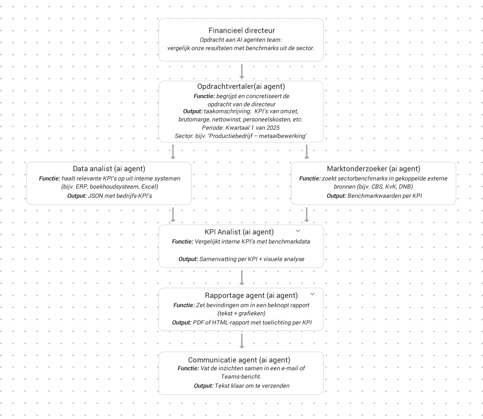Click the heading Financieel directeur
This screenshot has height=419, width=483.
[241, 30]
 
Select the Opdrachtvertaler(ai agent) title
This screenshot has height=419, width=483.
[241, 86]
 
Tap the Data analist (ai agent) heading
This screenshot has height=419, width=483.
[109, 168]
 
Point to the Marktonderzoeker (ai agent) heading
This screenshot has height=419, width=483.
[374, 168]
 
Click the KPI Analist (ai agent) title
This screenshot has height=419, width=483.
[239, 232]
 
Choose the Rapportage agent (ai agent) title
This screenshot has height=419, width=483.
[251, 295]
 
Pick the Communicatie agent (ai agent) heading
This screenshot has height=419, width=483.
[240, 360]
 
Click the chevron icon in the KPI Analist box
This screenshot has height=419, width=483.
[298, 231]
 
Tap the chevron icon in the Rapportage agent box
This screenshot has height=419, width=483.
[313, 294]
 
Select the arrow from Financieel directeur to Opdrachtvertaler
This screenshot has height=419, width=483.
[242, 71]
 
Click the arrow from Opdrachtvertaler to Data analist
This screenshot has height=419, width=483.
[173, 152]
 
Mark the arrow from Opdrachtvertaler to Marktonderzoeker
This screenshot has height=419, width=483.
[307, 152]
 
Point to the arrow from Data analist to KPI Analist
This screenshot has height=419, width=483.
[173, 215]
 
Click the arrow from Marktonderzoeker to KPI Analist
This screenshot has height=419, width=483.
[307, 215]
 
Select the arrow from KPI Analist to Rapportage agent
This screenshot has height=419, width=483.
[242, 278]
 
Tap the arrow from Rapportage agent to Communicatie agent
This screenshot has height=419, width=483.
[242, 341]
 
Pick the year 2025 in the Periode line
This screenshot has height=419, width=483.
[273, 128]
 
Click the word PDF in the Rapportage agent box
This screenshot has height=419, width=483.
[198, 322]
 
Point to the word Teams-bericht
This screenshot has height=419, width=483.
[241, 377]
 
